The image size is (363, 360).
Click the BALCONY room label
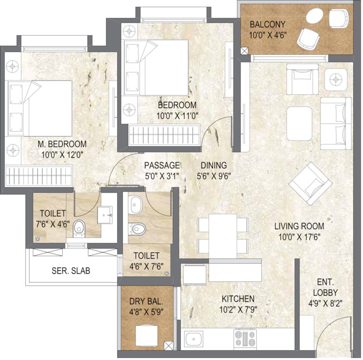pyautogui.click(x=267, y=24)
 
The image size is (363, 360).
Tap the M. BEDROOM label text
pyautogui.click(x=62, y=144)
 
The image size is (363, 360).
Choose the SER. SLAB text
pyautogui.click(x=71, y=271)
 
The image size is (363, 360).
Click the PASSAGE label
pyautogui.click(x=162, y=165)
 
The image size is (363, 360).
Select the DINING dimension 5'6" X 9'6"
pyautogui.click(x=213, y=177)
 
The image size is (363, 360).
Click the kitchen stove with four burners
pyautogui.click(x=245, y=338)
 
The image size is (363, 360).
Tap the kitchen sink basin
pyautogui.click(x=193, y=338)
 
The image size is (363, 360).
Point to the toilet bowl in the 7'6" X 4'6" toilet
pyautogui.click(x=80, y=226)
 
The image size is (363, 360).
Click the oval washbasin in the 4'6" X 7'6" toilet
pyautogui.click(x=136, y=204)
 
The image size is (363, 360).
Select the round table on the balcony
pyautogui.click(x=314, y=19)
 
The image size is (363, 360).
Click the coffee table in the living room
pyautogui.click(x=299, y=123)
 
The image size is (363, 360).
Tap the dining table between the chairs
pyautogui.click(x=222, y=233)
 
